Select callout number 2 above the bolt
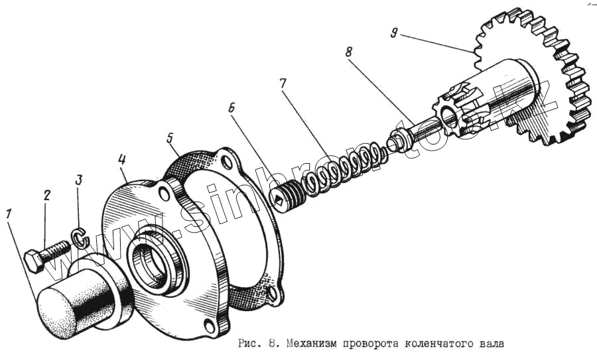[x=46, y=195]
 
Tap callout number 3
[x=79, y=179]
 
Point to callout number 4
[x=122, y=159]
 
